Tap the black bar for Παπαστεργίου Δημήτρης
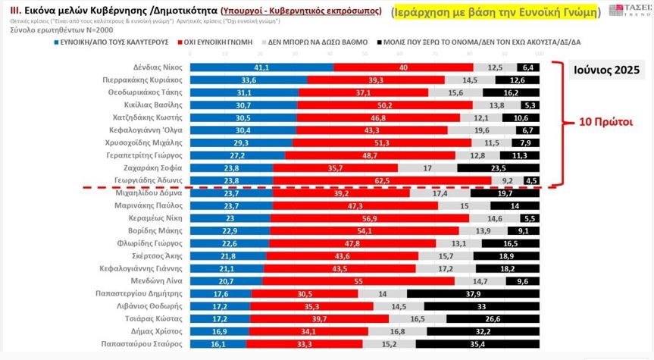click(473, 293)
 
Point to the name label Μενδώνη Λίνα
click(155, 280)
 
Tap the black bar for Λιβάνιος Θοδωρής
click(481, 305)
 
